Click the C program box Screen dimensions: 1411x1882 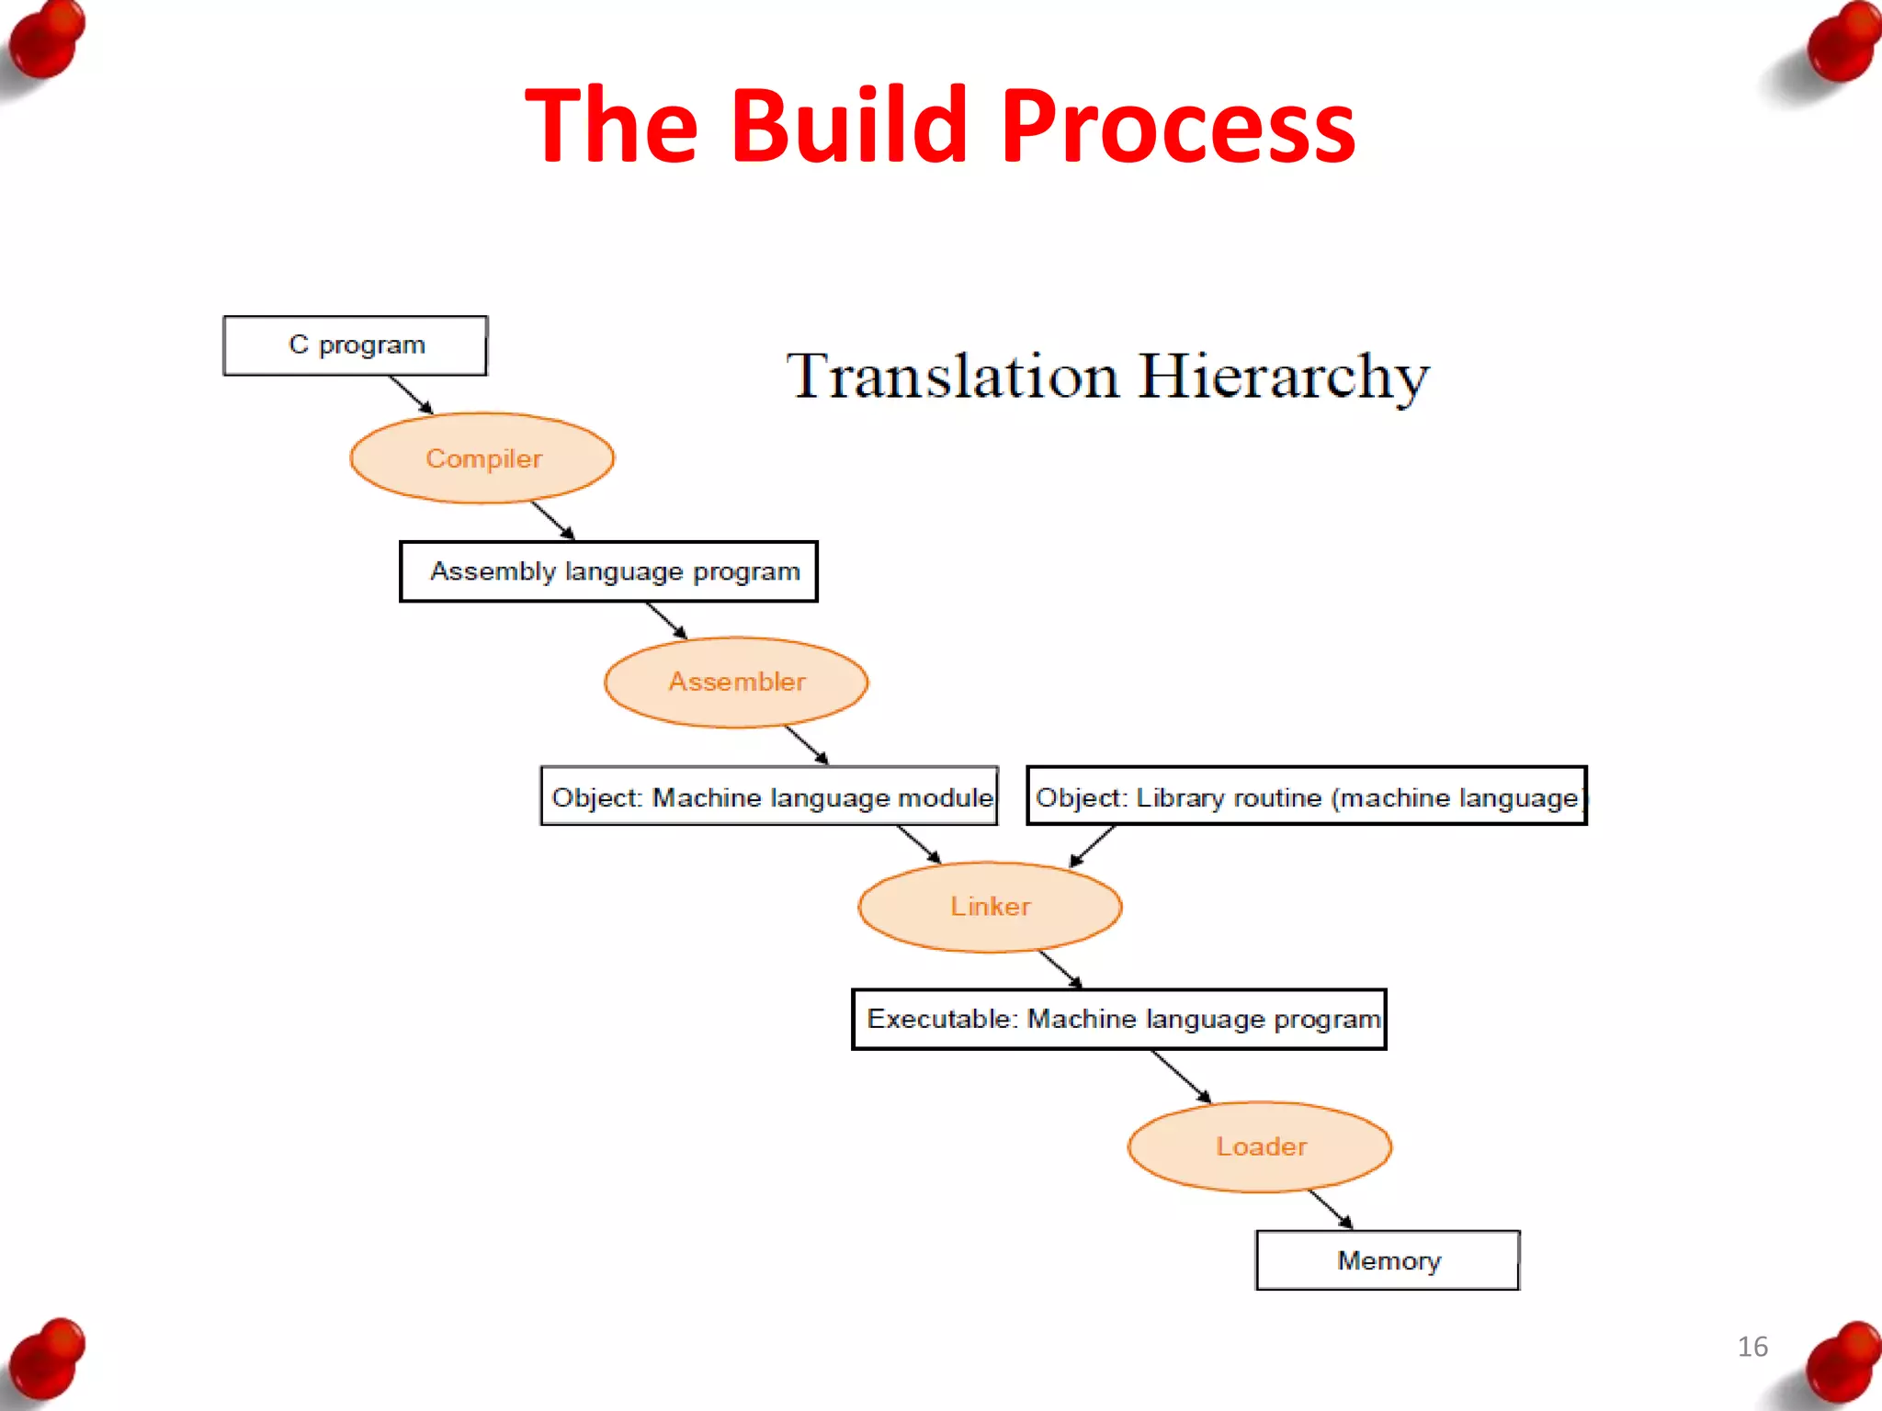(x=355, y=345)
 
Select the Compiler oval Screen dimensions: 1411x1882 (x=482, y=458)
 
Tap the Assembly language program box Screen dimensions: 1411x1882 (x=608, y=571)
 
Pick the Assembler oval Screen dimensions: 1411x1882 (x=736, y=682)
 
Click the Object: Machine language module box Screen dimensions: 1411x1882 (x=769, y=796)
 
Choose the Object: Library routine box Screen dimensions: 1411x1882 (x=1306, y=796)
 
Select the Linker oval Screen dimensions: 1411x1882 (x=990, y=907)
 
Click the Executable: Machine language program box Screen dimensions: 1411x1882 (x=1118, y=1019)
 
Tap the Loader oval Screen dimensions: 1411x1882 (x=1260, y=1146)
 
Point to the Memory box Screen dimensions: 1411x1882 (x=1388, y=1260)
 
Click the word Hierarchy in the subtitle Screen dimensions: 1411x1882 (x=1283, y=377)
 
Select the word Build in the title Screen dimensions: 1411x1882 (x=849, y=126)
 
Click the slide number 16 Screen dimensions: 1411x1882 (x=1752, y=1347)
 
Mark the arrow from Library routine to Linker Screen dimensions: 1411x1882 (x=1093, y=846)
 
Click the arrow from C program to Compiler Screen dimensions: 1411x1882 (x=411, y=394)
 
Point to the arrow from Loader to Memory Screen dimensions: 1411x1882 (x=1331, y=1209)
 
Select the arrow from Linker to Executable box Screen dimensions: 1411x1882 (x=1060, y=969)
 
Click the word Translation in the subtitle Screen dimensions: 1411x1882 (x=953, y=377)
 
